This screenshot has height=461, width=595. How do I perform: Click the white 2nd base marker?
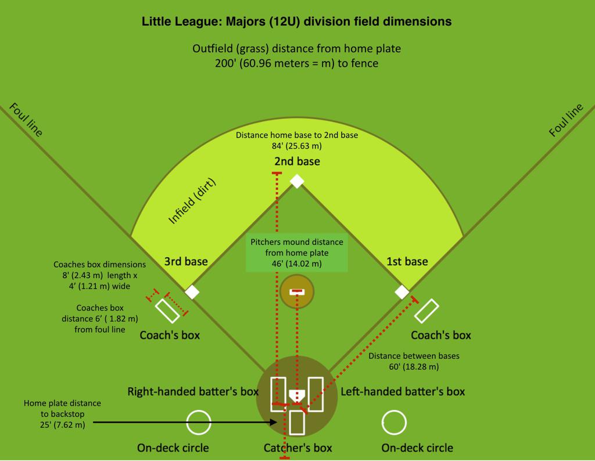[297, 181]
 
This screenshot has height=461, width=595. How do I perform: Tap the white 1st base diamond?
[402, 291]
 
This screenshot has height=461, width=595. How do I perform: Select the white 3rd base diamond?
[192, 291]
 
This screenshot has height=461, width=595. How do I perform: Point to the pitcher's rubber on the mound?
[297, 291]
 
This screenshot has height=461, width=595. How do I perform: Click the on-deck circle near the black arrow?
[198, 423]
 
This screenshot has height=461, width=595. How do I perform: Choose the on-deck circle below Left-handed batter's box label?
[393, 423]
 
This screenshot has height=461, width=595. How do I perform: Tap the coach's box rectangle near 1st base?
[426, 311]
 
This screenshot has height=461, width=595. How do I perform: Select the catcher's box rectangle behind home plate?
[297, 422]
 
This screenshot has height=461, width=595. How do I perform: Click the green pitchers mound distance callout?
[297, 253]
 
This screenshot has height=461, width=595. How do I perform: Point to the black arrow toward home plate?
[186, 423]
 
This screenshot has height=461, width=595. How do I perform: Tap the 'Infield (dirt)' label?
[192, 201]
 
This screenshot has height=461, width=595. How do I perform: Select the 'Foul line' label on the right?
[566, 120]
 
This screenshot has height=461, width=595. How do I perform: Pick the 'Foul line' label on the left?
[26, 120]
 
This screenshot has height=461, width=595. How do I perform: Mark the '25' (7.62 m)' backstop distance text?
[62, 425]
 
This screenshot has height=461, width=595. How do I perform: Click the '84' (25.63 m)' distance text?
[297, 146]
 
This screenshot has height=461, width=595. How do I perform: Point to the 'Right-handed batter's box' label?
[193, 391]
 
